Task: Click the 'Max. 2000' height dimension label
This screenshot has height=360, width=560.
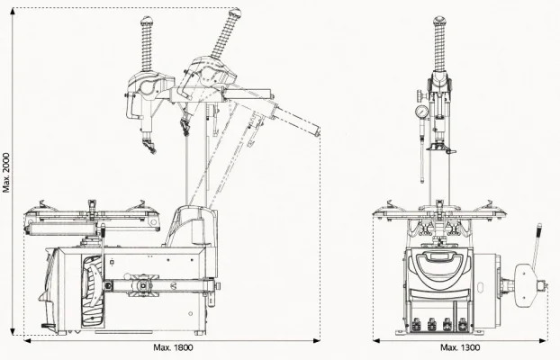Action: pos(6,171)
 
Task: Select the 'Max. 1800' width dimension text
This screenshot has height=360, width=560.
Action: pos(173,347)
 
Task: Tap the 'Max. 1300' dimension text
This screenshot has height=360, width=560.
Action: pos(460,347)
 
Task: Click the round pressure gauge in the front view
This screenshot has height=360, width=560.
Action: pos(420,112)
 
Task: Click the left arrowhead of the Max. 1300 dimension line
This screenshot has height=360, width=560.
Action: pos(375,340)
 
